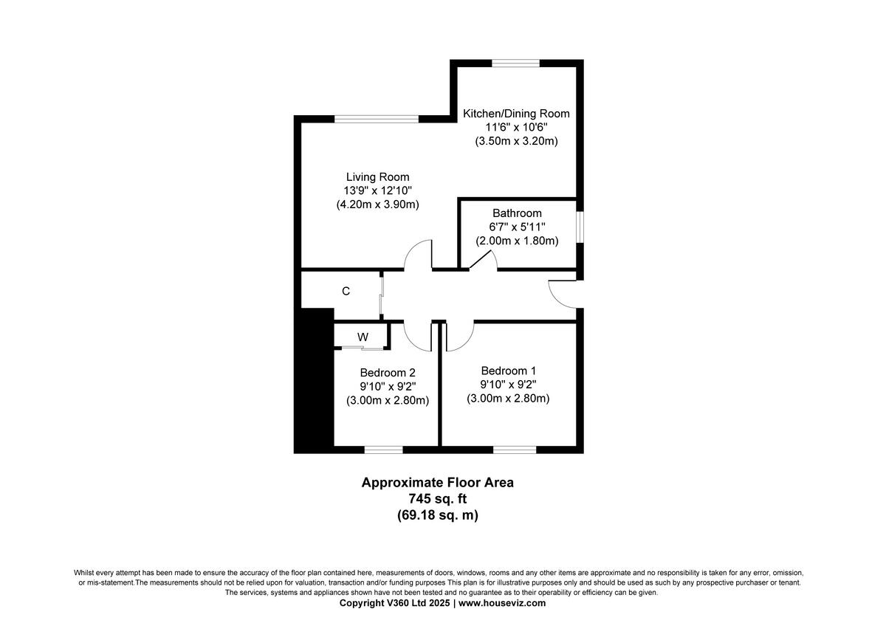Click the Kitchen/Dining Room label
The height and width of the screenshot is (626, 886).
(x=516, y=114)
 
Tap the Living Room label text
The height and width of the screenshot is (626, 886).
(x=377, y=177)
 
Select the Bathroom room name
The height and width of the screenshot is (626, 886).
(x=517, y=213)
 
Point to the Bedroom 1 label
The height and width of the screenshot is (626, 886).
(x=508, y=371)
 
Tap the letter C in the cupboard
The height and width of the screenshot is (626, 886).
(x=346, y=292)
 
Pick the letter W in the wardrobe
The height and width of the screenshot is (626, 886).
(x=363, y=337)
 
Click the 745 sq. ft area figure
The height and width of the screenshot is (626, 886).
(x=437, y=499)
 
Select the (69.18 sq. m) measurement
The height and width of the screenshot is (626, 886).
(x=437, y=516)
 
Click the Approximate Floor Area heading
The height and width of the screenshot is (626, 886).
(x=437, y=483)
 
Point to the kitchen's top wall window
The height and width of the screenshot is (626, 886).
(x=515, y=63)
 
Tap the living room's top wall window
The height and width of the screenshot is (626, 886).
(x=377, y=119)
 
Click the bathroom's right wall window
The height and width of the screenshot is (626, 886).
(x=580, y=227)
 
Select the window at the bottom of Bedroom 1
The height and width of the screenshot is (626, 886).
(x=514, y=449)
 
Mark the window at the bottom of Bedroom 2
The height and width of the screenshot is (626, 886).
(x=383, y=449)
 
